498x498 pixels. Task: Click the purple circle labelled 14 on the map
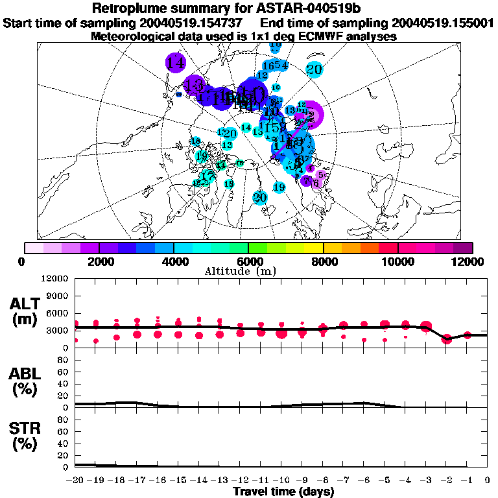(x=175, y=63)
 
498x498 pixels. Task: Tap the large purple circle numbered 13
(x=194, y=85)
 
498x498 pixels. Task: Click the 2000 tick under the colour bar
(x=99, y=261)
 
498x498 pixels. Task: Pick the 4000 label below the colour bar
(x=174, y=261)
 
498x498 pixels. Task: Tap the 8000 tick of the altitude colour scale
(x=323, y=261)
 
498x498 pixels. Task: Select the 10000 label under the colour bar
(x=397, y=261)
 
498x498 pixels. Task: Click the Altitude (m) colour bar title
(x=250, y=270)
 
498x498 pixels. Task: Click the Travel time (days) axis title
(x=283, y=492)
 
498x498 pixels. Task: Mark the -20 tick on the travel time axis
(x=75, y=479)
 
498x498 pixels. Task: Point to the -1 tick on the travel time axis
(x=466, y=479)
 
